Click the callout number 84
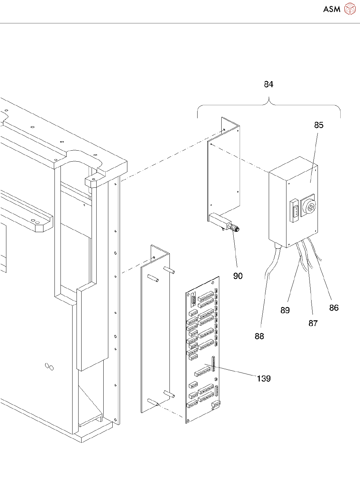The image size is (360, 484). [x=268, y=85]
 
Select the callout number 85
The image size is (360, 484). [x=319, y=125]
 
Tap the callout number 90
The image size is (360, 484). [x=238, y=276]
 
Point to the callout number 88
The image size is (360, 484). [x=259, y=336]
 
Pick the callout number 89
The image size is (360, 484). [x=285, y=310]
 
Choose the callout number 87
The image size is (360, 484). [x=313, y=323]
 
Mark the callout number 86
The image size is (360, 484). [x=334, y=308]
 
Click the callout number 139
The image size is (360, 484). [x=263, y=378]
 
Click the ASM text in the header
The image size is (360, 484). [x=332, y=9]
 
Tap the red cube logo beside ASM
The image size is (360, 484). [x=350, y=9]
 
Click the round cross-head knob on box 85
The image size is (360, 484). [x=310, y=207]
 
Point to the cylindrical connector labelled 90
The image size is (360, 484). [x=234, y=228]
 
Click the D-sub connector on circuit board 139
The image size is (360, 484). [x=193, y=300]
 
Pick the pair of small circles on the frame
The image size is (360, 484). [x=49, y=366]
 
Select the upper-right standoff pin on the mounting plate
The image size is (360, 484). [x=169, y=270]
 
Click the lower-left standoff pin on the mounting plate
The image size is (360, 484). [x=153, y=402]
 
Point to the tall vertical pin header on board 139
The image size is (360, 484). [x=213, y=364]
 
